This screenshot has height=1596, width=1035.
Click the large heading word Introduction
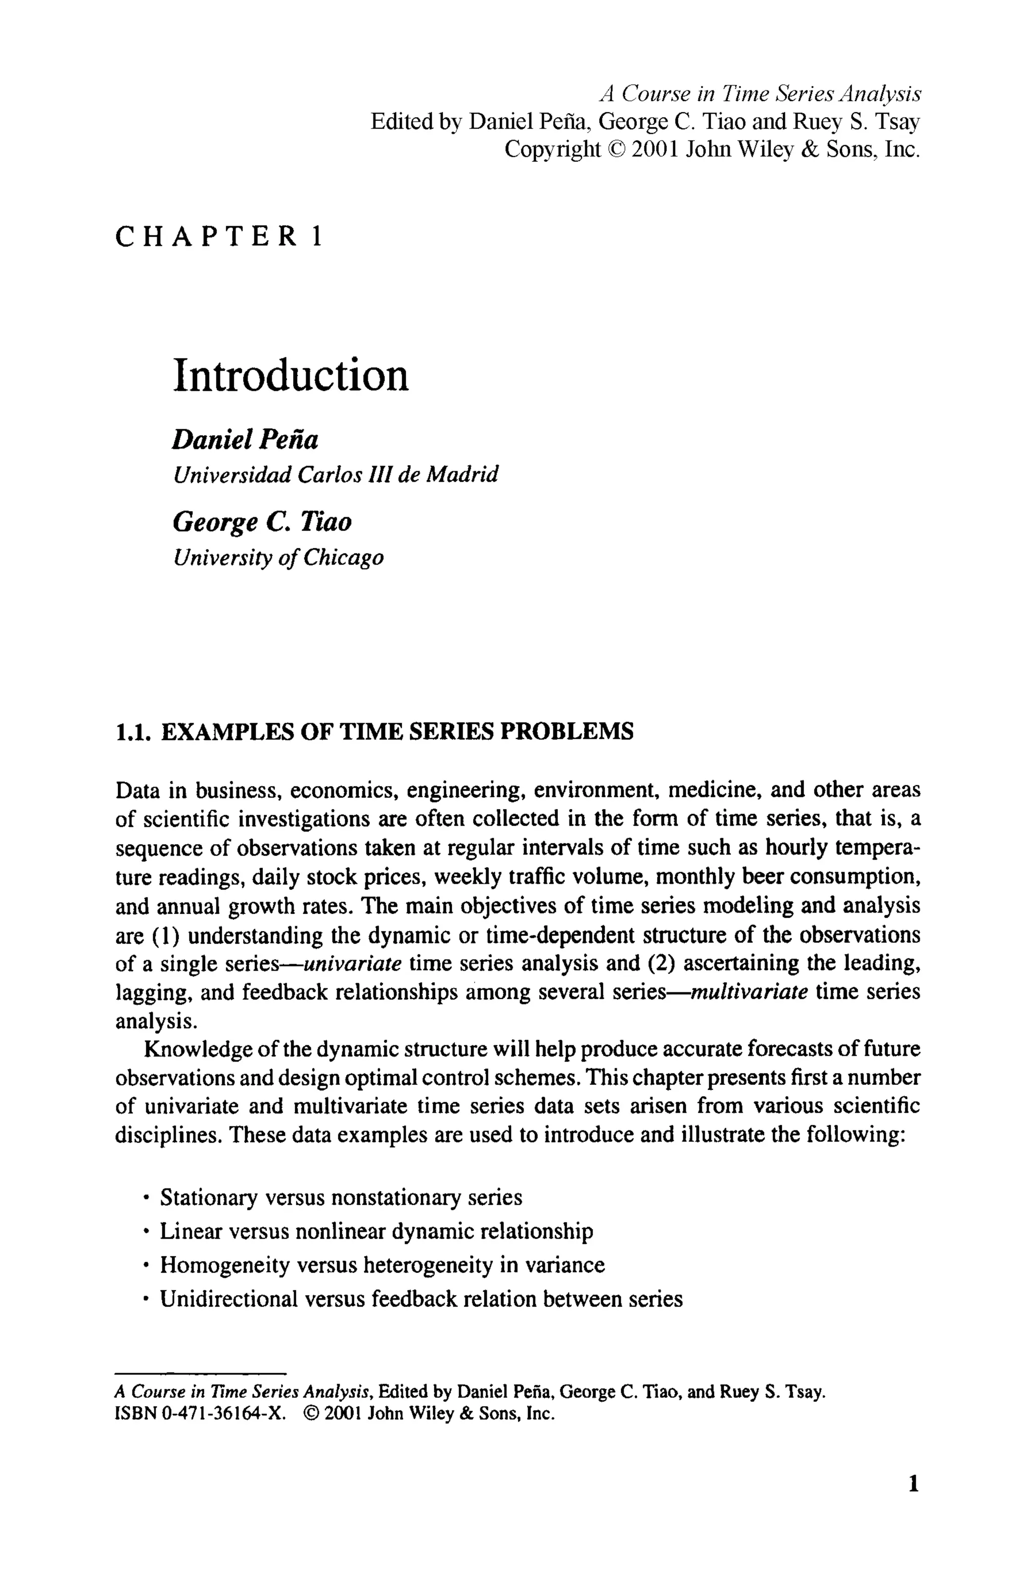(290, 376)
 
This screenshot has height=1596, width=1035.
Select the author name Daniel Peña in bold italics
(245, 440)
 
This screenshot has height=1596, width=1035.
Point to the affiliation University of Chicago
(278, 557)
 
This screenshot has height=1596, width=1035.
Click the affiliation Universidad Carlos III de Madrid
(335, 475)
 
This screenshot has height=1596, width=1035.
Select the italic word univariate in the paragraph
(353, 964)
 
